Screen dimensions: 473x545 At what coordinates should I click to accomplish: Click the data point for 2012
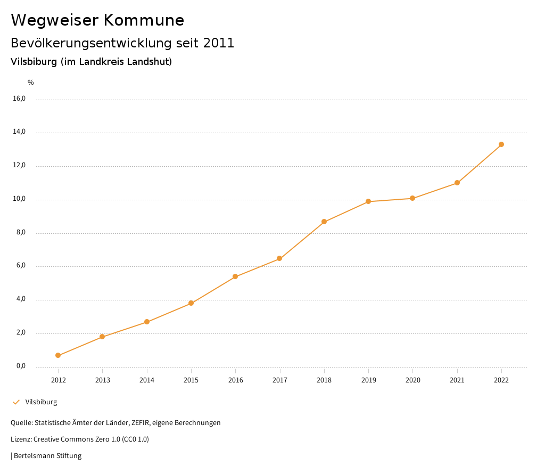[58, 355]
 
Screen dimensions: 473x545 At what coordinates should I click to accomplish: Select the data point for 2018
[324, 222]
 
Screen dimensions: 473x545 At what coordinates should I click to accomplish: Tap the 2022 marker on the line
[501, 144]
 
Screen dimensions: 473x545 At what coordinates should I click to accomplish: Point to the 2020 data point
[412, 198]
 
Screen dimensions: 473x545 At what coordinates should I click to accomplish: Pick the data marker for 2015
[191, 303]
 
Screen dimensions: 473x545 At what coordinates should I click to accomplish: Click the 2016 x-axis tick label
[235, 380]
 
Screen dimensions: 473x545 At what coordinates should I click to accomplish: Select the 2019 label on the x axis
[368, 380]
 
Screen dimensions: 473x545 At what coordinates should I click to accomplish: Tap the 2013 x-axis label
[102, 380]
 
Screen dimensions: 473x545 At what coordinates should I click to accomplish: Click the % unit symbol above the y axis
[31, 83]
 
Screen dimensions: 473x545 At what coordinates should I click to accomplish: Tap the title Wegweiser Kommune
[97, 20]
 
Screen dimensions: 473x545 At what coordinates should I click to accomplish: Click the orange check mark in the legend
[16, 402]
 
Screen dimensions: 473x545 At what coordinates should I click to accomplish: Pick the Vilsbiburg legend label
[41, 402]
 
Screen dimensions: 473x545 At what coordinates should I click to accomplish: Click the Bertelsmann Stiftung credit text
[47, 456]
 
